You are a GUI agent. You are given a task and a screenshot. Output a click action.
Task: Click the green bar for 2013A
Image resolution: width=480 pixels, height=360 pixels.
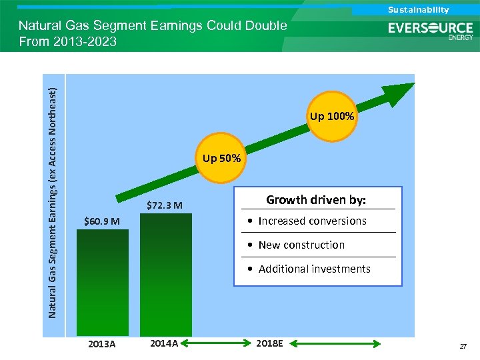(102, 283)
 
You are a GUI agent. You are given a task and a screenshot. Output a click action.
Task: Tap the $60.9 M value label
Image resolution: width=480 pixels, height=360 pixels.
(102, 221)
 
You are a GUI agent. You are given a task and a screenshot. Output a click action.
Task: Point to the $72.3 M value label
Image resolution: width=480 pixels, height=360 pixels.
(165, 205)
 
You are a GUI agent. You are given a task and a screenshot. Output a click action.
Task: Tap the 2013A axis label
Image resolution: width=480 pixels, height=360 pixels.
(102, 344)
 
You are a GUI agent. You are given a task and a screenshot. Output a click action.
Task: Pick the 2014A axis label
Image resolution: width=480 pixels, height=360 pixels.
(164, 343)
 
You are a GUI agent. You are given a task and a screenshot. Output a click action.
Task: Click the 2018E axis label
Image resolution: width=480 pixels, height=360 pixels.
(270, 343)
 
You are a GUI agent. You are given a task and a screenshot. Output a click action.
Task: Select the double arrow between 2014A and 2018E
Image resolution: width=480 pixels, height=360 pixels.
(215, 344)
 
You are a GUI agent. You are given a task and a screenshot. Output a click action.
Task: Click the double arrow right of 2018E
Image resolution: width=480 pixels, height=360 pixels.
(337, 344)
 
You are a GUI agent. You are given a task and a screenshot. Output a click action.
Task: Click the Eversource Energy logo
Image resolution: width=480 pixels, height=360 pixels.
(431, 31)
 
